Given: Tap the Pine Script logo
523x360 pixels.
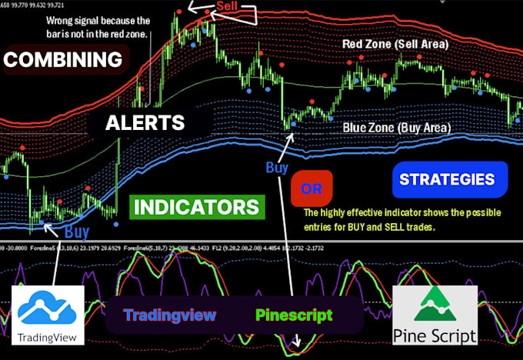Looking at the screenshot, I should pos(435,315).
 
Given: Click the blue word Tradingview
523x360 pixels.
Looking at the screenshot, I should pos(170,315).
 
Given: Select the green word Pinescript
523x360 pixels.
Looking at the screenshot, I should pos(295,315).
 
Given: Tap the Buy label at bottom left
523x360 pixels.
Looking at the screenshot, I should pos(76,230).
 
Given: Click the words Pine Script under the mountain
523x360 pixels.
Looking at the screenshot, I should pos(435,335).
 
